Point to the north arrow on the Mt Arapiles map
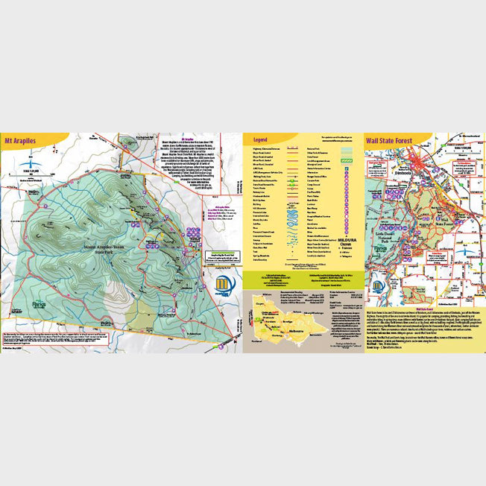[28, 160]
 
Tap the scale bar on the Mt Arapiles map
[30, 173]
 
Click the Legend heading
[260, 139]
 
